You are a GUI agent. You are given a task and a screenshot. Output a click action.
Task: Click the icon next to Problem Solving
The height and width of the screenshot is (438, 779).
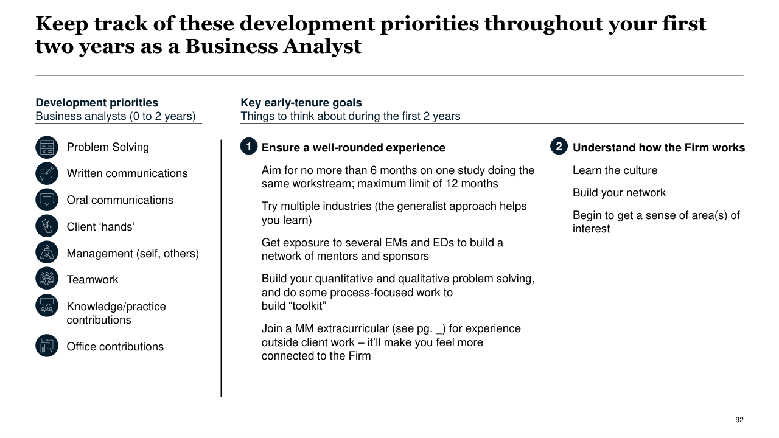click(x=47, y=147)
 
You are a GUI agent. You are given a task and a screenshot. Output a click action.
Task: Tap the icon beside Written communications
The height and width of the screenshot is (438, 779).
click(x=47, y=173)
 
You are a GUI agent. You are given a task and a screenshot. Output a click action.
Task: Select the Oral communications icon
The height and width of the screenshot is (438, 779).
click(x=47, y=200)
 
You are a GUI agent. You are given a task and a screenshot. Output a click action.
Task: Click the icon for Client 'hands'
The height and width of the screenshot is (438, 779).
click(x=47, y=226)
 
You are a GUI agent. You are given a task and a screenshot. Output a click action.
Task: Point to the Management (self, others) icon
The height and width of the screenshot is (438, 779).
click(x=47, y=252)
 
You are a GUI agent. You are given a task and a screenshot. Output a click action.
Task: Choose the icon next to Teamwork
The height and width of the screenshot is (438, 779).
click(x=47, y=279)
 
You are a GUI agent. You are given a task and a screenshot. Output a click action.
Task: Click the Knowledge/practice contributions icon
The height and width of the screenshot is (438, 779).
click(x=47, y=305)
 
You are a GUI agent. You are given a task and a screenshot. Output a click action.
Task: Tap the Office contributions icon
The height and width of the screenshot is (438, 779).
click(x=47, y=346)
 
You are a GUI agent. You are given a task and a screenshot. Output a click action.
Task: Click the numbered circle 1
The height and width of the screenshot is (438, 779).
click(x=248, y=147)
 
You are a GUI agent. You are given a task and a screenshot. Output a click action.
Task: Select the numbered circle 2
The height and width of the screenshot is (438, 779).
click(x=559, y=147)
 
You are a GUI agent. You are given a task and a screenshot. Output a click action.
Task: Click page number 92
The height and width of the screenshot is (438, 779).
click(x=739, y=420)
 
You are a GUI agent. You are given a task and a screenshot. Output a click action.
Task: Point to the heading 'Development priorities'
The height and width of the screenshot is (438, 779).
click(x=97, y=103)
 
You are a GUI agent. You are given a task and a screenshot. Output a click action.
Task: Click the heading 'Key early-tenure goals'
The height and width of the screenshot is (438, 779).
click(x=301, y=103)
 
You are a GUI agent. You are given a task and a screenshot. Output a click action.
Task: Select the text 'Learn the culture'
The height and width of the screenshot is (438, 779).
click(x=615, y=170)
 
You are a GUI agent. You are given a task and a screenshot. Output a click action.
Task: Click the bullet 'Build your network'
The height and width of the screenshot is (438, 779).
click(x=619, y=193)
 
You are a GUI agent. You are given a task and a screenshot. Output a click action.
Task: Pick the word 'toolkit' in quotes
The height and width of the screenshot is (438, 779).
click(x=307, y=306)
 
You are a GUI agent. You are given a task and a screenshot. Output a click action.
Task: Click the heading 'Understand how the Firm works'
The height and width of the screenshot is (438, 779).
click(x=658, y=148)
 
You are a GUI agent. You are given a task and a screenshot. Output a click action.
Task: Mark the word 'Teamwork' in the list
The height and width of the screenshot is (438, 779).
click(x=93, y=280)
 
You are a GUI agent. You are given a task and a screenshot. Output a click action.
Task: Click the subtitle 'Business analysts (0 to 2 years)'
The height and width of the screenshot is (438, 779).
click(x=116, y=116)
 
